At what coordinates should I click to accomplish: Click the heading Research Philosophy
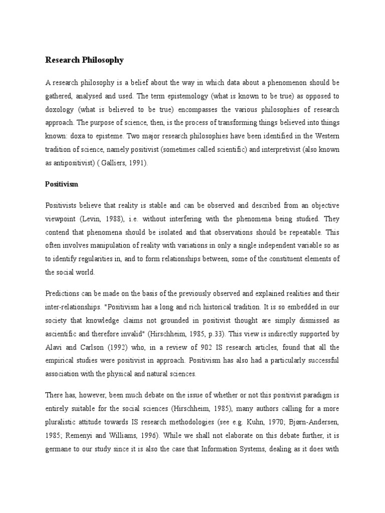[x=84, y=61]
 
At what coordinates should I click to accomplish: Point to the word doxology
[x=61, y=110]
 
